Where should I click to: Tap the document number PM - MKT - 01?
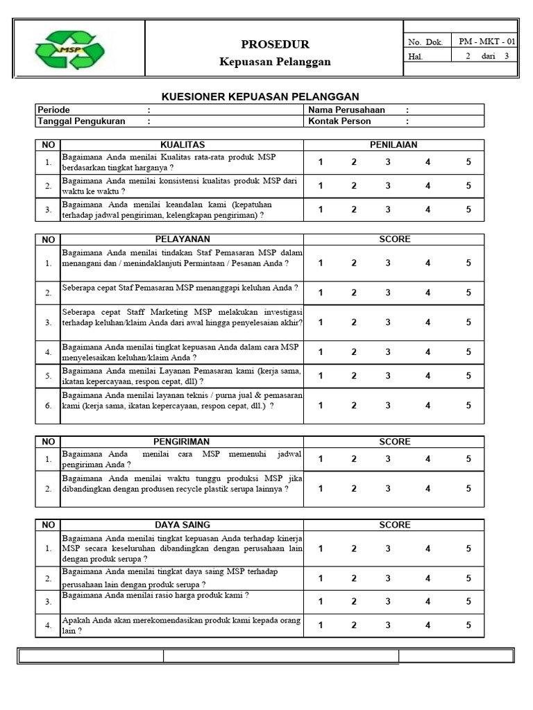[487, 42]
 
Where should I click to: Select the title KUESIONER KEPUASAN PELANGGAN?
[260, 96]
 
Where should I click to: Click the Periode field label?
[54, 110]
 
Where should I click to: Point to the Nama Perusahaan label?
[346, 110]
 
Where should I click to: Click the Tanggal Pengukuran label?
[81, 121]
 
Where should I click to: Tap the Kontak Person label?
[339, 121]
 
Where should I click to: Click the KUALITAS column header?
[183, 145]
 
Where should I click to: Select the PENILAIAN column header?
[394, 145]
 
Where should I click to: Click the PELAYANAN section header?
[182, 239]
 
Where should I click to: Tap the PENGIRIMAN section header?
[181, 442]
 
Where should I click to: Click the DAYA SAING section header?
[182, 526]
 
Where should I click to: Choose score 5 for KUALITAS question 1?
[468, 162]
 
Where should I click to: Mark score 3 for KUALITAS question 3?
[388, 209]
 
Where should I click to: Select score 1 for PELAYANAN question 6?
[321, 406]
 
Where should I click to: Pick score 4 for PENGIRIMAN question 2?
[428, 488]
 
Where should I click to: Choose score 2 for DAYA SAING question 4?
[353, 625]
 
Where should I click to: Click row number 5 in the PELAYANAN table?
[49, 376]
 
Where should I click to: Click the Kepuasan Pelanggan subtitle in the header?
[275, 62]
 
